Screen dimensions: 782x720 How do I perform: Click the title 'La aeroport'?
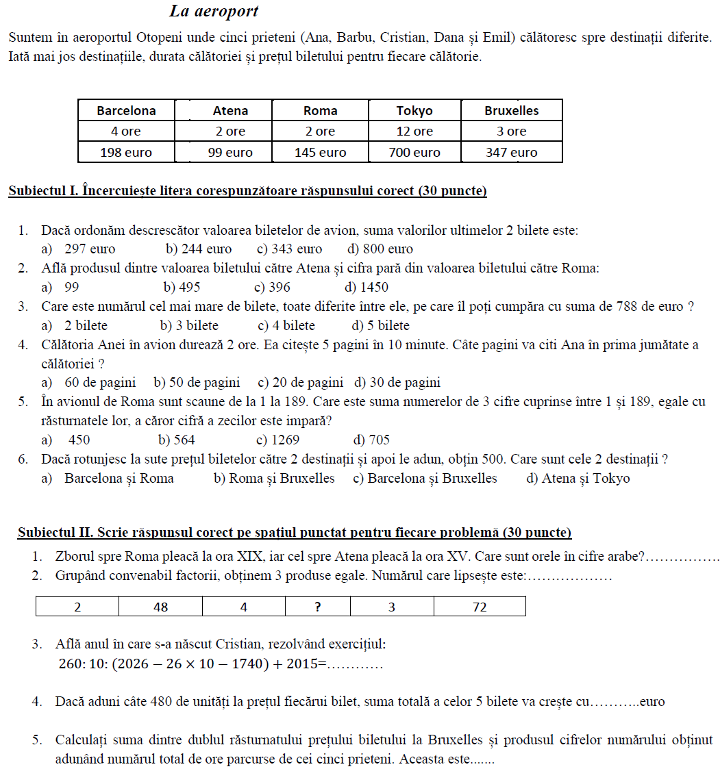(x=214, y=12)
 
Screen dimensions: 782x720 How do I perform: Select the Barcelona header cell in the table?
(x=126, y=110)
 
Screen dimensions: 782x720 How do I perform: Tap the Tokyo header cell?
(x=414, y=110)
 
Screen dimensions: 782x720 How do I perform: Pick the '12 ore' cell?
(x=414, y=131)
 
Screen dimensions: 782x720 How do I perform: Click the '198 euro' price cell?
(x=126, y=153)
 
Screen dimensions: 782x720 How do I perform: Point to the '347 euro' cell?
(x=512, y=153)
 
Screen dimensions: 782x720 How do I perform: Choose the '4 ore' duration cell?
(x=126, y=131)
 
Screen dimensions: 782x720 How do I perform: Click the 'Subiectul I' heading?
(x=247, y=191)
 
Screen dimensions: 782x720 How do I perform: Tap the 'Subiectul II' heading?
(x=295, y=532)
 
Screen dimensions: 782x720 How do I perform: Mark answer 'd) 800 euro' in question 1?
(x=380, y=249)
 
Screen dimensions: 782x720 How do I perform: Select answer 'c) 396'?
(x=273, y=288)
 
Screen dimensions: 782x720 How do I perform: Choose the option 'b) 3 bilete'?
(x=189, y=326)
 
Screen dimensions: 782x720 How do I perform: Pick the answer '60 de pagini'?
(x=99, y=383)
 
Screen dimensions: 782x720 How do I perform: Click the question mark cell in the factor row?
(x=318, y=607)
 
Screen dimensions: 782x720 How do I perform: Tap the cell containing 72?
(x=480, y=607)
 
